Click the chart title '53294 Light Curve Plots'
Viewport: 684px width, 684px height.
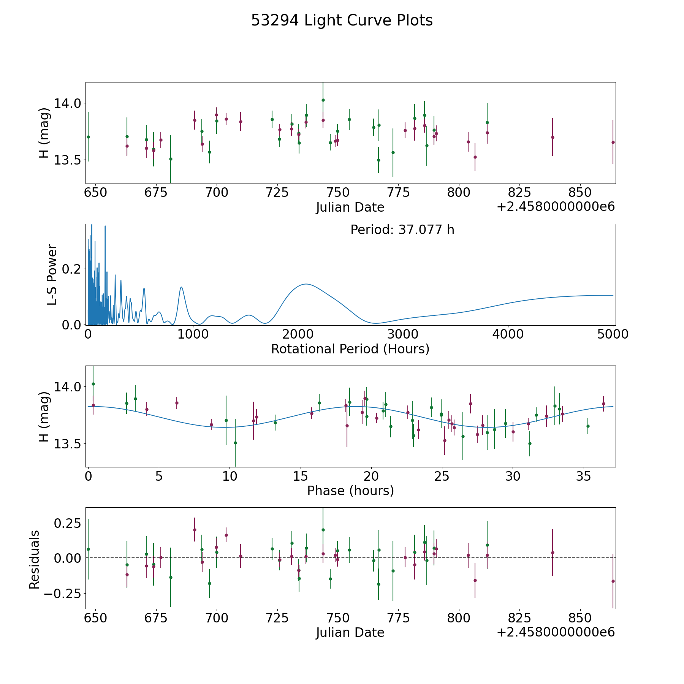pyautogui.click(x=342, y=21)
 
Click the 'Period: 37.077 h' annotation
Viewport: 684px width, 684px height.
pyautogui.click(x=402, y=230)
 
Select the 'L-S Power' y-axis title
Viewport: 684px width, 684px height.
pyautogui.click(x=52, y=274)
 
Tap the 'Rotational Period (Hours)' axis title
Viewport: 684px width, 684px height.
pyautogui.click(x=350, y=349)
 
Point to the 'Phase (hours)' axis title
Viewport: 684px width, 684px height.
pyautogui.click(x=350, y=491)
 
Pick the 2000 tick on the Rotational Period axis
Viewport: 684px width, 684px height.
pyautogui.click(x=298, y=334)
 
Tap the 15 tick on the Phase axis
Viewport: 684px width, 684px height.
pyautogui.click(x=301, y=476)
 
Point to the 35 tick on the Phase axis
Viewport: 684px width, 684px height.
pyautogui.click(x=584, y=476)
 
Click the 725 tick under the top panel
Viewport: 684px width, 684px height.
pyautogui.click(x=277, y=193)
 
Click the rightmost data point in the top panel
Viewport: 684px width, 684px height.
pyautogui.click(x=613, y=142)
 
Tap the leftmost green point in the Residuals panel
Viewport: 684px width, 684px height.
pyautogui.click(x=88, y=549)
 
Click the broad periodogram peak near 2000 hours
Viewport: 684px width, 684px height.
pyautogui.click(x=306, y=284)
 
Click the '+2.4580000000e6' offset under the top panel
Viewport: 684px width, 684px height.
pyautogui.click(x=556, y=207)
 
